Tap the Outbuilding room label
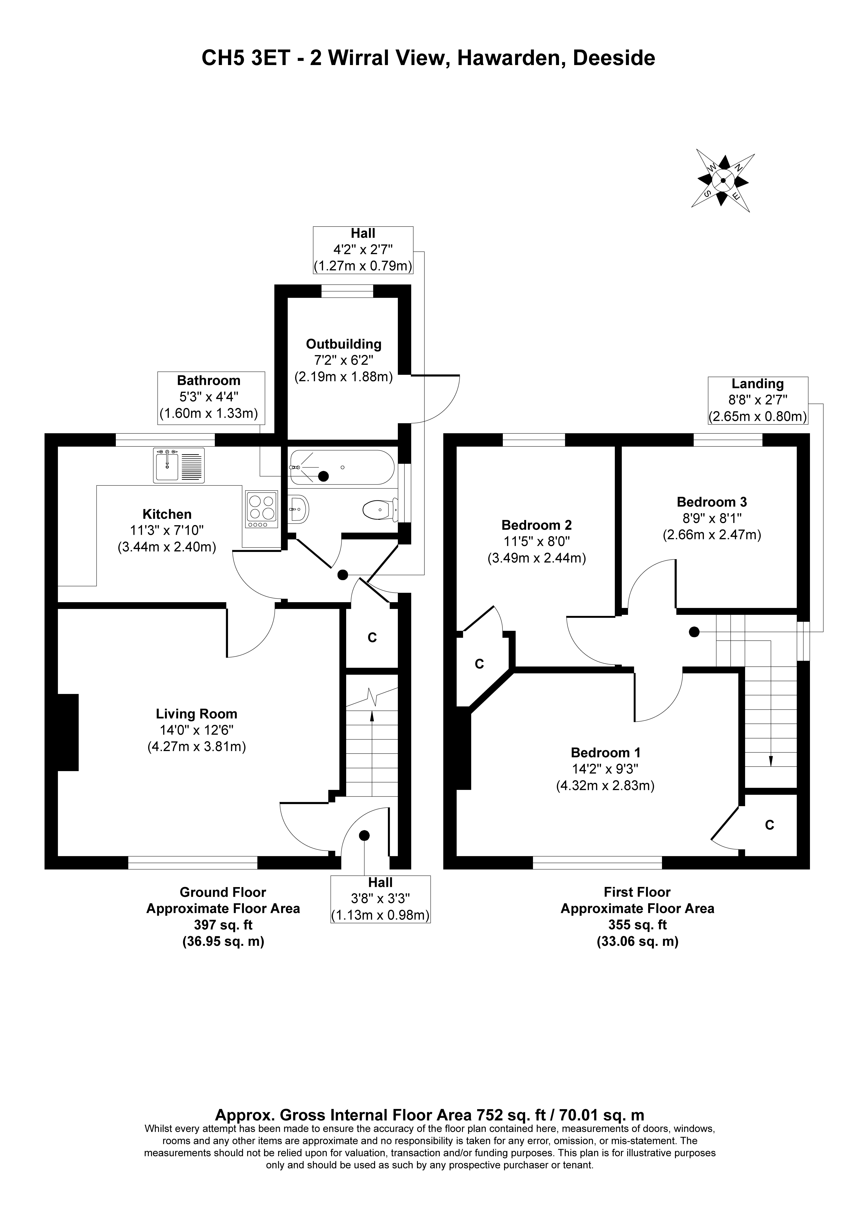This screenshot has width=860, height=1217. click(344, 344)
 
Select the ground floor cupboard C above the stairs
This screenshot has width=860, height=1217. click(372, 638)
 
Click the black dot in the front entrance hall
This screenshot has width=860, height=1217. click(364, 835)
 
